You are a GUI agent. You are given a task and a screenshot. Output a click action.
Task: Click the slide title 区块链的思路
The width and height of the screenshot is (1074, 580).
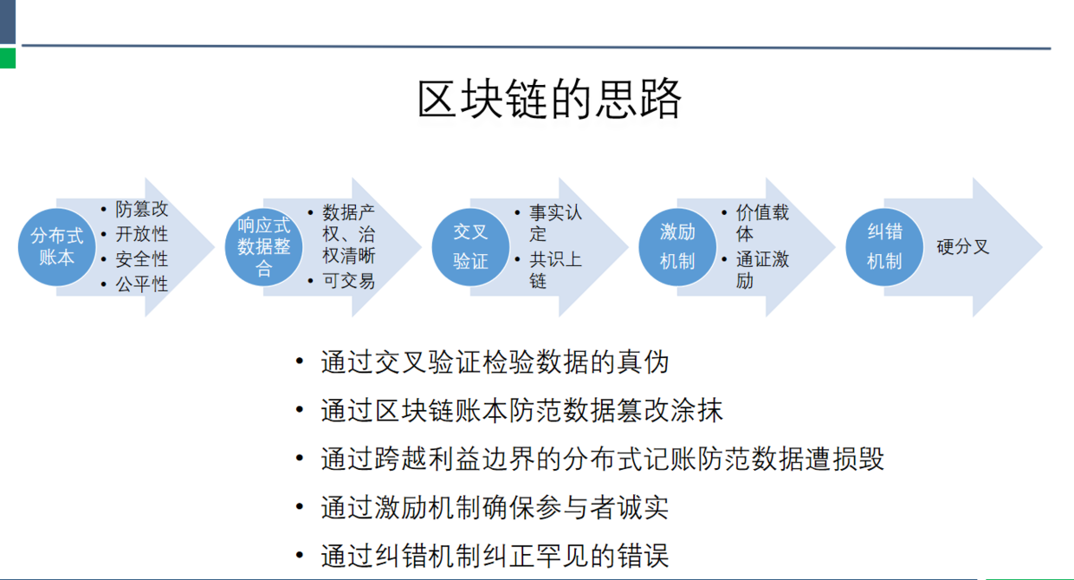tap(549, 100)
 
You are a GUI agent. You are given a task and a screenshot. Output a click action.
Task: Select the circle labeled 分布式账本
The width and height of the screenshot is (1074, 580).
tap(57, 247)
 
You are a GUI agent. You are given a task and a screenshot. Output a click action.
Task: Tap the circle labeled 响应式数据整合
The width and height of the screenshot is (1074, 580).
tap(263, 247)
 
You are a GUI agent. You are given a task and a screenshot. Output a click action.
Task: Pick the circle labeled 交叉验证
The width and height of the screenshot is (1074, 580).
tap(471, 247)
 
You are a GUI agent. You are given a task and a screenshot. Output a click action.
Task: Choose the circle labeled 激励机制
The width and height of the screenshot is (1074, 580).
tap(677, 247)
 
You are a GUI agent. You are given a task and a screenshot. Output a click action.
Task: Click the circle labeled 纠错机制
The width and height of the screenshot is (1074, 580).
tap(884, 247)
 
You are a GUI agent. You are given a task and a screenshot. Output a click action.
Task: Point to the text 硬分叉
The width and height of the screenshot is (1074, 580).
tap(963, 247)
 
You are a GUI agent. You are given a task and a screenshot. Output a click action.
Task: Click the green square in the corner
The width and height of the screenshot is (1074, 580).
tap(8, 58)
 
